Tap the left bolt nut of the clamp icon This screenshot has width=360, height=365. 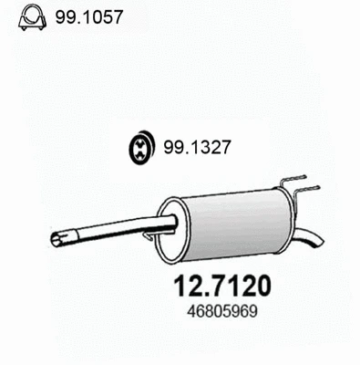[x=21, y=23]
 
